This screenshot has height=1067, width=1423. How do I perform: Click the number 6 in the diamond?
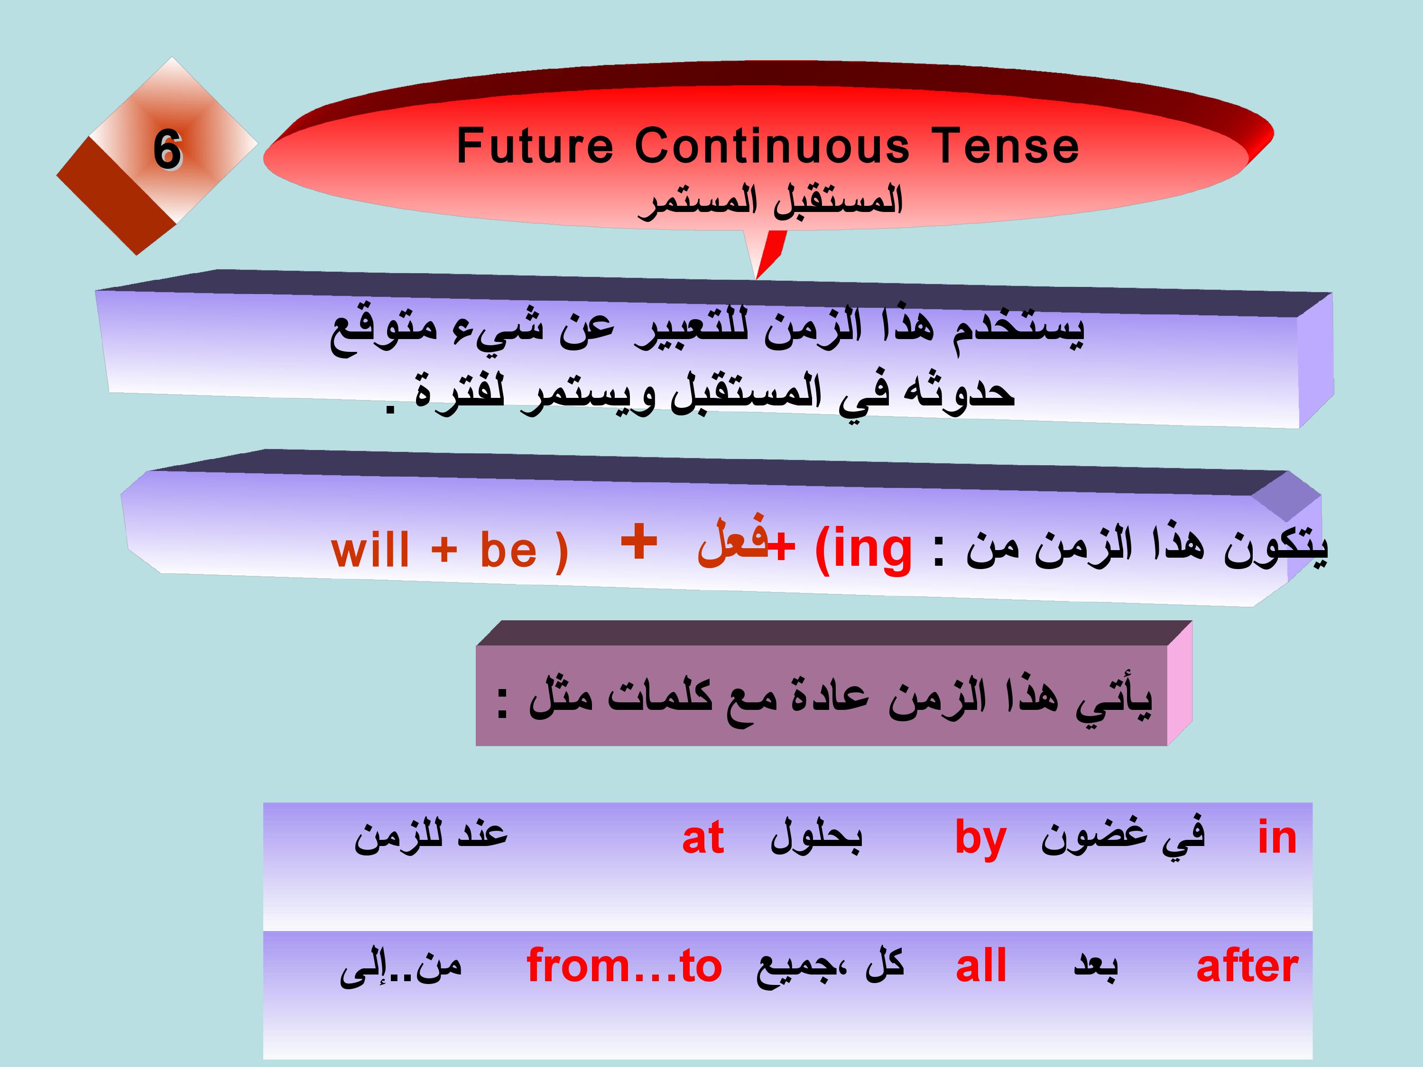tap(167, 150)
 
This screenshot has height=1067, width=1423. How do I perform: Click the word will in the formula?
tap(370, 551)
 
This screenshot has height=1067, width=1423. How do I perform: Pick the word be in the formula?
tap(508, 551)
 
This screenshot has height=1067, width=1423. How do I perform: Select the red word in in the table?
tap(1277, 837)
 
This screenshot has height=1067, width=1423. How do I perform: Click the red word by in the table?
tap(980, 840)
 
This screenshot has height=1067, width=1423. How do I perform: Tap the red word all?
tap(981, 966)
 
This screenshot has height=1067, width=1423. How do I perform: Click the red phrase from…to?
tap(624, 966)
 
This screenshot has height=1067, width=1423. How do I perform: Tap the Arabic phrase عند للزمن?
tap(431, 836)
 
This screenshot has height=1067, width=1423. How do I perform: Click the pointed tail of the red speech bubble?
tap(757, 278)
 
